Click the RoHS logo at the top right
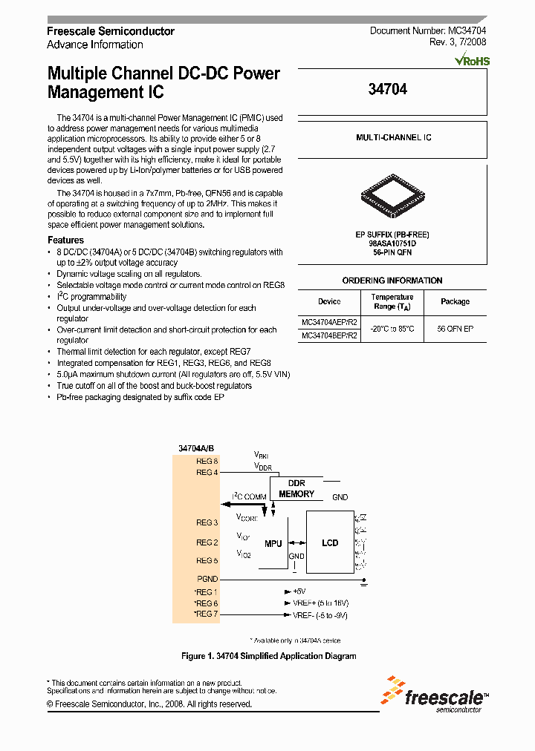tap(472, 60)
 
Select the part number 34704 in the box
tap(388, 89)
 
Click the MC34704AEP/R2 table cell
tap(329, 324)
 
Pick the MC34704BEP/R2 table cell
tap(329, 335)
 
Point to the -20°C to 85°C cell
tap(392, 328)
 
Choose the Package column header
tap(455, 301)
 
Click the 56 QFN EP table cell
tap(455, 328)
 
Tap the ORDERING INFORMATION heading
tap(392, 281)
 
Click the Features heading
tap(65, 240)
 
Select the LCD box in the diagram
tap(330, 542)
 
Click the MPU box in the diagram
tap(273, 543)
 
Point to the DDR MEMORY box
tap(296, 488)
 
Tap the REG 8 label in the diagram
tap(207, 462)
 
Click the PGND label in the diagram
tap(207, 579)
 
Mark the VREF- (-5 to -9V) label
tap(320, 615)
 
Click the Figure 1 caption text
tap(269, 656)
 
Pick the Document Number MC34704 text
tap(428, 31)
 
